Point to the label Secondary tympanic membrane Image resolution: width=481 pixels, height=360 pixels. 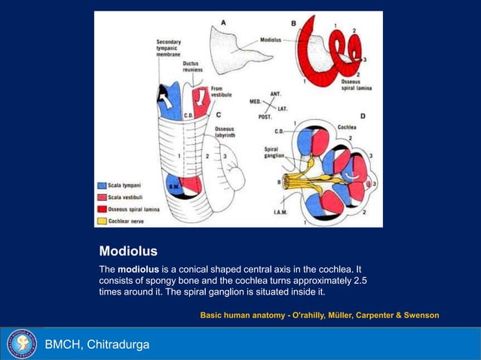[x=169, y=47]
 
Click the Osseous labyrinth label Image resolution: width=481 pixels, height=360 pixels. [x=225, y=133]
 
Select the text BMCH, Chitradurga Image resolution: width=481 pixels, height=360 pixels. [x=97, y=345]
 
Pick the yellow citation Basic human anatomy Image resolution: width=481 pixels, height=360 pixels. [x=319, y=315]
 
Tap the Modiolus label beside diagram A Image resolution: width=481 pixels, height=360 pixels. [x=272, y=39]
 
